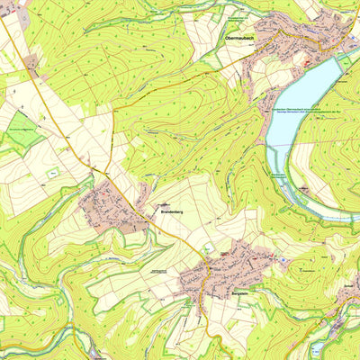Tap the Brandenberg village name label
[x=171, y=212]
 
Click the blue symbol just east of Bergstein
[x=283, y=262]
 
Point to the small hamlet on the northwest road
[x=32, y=63]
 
